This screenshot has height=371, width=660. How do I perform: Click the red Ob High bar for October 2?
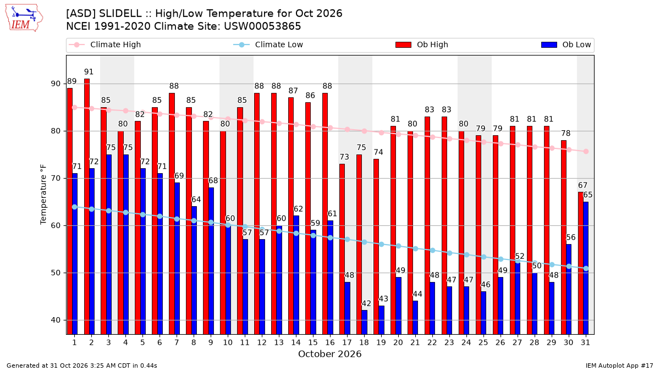coord(87,207)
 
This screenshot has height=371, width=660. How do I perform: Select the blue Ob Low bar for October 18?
coord(365,322)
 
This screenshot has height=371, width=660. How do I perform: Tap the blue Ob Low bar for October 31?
coord(586,268)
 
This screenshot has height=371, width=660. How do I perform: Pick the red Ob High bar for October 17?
coord(342,249)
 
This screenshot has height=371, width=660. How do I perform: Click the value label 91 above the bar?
coord(89,72)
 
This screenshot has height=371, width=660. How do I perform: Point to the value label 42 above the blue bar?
coord(366,303)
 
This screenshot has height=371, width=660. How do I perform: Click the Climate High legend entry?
coord(105,45)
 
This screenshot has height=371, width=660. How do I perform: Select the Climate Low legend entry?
coord(268,45)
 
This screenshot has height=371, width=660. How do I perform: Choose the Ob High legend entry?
coord(422,45)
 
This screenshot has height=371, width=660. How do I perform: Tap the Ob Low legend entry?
coord(566,45)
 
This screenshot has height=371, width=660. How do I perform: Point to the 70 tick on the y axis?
coord(56,179)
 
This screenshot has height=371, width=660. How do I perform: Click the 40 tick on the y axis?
coord(56,320)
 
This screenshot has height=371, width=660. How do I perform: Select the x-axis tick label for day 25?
coord(483,342)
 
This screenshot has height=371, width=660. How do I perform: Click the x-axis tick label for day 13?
coord(279,342)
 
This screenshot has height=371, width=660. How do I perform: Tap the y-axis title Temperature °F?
coord(43,195)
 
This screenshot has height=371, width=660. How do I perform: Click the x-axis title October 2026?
coord(329,354)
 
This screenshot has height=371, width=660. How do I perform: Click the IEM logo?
coord(24,18)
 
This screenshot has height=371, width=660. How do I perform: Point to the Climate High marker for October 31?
coord(586,151)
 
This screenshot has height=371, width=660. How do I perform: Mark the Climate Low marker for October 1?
coord(75,207)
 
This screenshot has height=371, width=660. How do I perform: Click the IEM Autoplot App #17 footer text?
coord(619,366)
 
